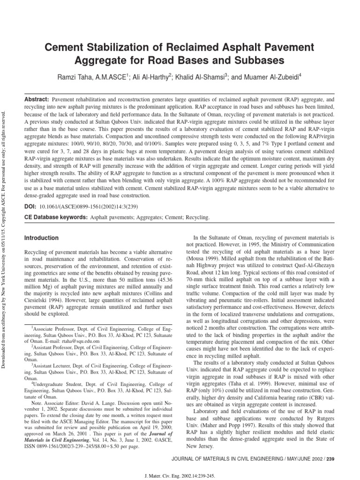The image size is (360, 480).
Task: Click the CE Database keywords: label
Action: (55, 217)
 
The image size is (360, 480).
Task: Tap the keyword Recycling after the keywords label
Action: (197, 217)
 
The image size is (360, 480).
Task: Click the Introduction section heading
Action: (42, 238)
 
